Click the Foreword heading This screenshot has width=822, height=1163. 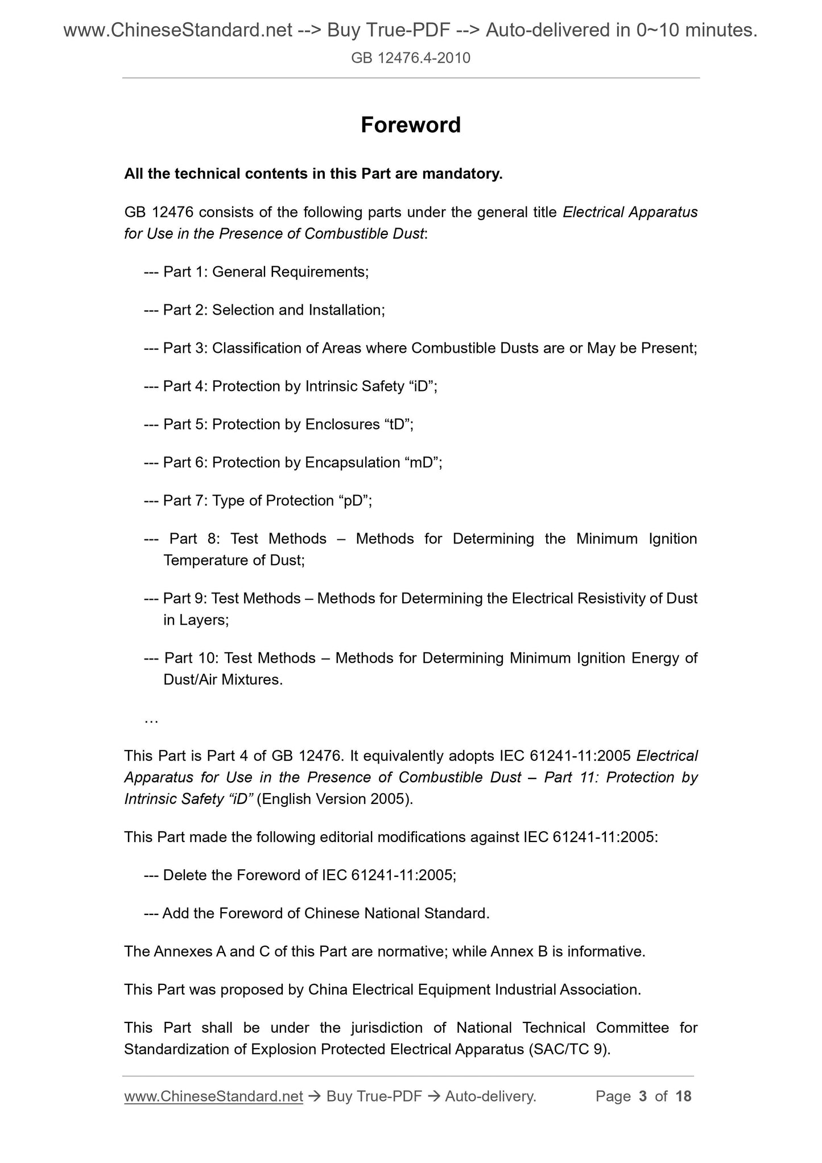(x=411, y=125)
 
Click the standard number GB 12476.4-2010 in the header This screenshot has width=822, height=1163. (x=411, y=57)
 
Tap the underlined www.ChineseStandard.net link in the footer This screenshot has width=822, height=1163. (x=213, y=1096)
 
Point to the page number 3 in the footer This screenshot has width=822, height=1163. (x=643, y=1096)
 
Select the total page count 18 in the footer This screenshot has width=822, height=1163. (x=683, y=1096)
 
